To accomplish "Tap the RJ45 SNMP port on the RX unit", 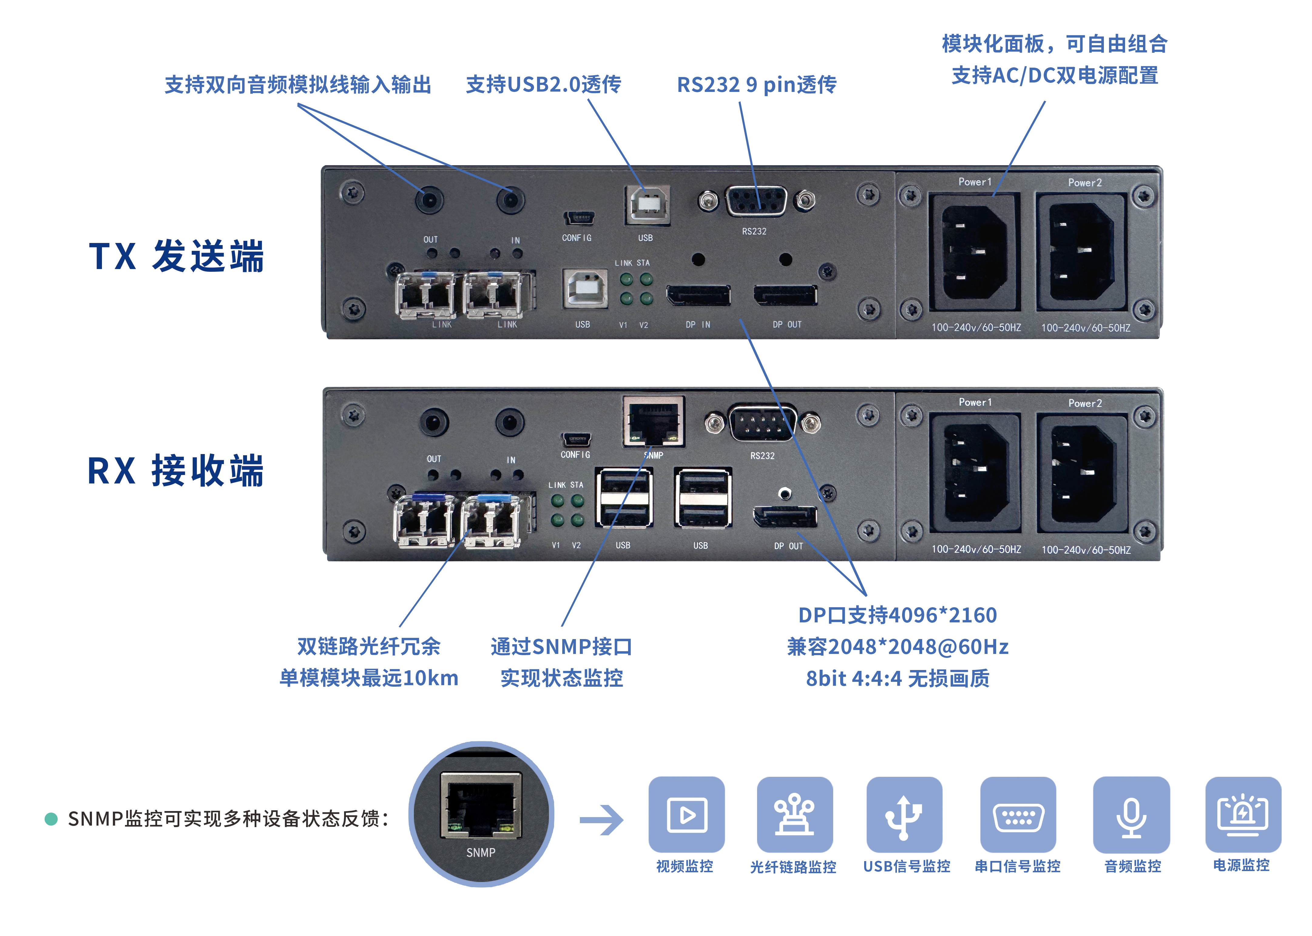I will pos(653,421).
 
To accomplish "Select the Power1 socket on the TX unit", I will pos(974,252).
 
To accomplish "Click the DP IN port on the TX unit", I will pos(698,296).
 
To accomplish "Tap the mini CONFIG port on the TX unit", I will pos(578,218).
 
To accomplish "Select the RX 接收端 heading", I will pos(175,471).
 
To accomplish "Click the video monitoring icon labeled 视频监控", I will pos(686,814).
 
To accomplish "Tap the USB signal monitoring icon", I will pos(904,814).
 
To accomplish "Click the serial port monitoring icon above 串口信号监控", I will pos(1018,814).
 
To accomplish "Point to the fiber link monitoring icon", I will pos(794,814).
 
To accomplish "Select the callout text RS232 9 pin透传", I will pos(756,85).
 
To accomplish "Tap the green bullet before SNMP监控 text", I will pos(51,818).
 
